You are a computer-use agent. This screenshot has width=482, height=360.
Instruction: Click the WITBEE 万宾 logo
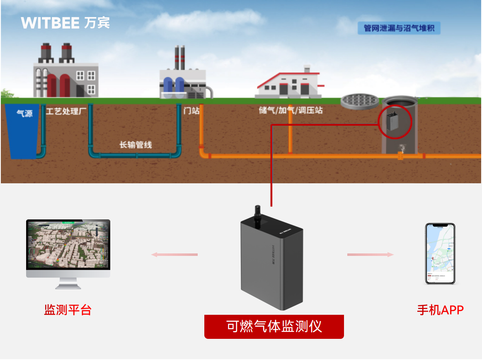65,23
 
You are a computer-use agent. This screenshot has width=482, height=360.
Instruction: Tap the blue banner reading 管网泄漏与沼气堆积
399,29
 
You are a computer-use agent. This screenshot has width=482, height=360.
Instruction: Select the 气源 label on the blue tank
24,113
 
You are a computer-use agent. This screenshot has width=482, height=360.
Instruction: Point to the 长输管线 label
136,145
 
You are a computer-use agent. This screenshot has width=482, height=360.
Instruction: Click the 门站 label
191,111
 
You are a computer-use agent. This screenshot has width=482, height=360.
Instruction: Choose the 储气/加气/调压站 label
291,111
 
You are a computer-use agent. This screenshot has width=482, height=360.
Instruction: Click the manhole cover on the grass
359,100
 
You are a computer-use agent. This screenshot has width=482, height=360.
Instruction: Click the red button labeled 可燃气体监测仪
274,327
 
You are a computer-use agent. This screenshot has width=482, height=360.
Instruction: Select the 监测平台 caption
68,310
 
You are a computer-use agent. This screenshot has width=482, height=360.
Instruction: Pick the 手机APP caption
440,310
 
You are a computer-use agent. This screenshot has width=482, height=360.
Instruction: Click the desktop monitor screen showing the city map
68,245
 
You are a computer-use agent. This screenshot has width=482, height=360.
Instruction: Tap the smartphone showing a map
440,253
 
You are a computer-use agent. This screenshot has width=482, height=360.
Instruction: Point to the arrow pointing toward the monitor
174,254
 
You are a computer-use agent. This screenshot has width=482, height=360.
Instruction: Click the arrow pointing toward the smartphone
370,254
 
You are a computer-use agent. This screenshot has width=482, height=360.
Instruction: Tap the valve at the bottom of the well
401,148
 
